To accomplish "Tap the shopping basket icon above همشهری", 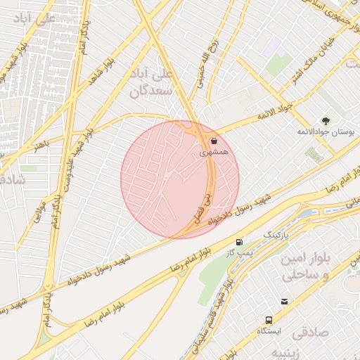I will point(214,140).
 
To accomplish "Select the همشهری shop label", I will point(214,151).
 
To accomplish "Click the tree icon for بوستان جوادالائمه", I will point(325,121).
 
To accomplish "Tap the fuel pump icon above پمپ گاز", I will point(241,240).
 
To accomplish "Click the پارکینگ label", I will point(276,233).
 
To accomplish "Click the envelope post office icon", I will point(284,302).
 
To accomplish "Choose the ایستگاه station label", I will point(268,330).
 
